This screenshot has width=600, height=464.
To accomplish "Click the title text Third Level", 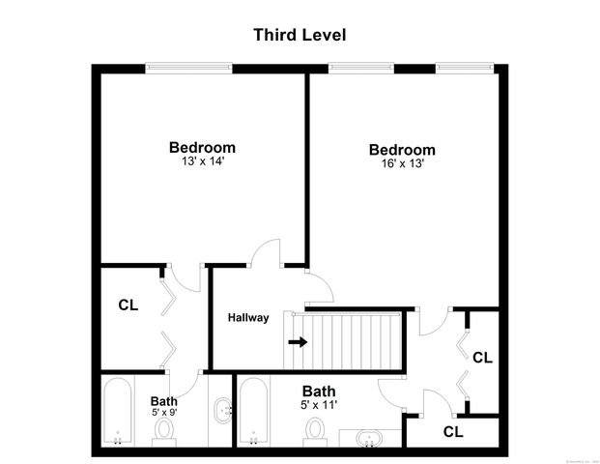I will click(300, 35).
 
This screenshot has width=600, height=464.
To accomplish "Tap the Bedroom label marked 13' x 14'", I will click(202, 147).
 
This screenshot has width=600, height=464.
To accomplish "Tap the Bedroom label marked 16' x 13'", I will click(402, 150).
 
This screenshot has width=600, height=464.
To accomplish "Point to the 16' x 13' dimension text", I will click(402, 163).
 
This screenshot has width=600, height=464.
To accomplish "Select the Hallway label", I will click(248, 318).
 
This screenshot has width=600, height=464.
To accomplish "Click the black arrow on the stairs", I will click(298, 341).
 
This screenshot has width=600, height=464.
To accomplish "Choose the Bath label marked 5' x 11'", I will click(319, 392).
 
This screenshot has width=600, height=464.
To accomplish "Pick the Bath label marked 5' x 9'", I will click(163, 401).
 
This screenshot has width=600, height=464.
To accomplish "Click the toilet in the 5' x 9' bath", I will click(164, 428).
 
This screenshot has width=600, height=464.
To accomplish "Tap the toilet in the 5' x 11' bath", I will click(316, 429).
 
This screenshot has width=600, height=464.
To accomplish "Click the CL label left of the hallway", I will click(129, 304).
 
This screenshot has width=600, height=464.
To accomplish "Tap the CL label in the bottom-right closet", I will click(453, 430).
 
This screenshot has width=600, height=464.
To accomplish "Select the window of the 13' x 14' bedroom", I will click(189, 69).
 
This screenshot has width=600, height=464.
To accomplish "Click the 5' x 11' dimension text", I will click(319, 406).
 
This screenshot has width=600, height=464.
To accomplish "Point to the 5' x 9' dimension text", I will click(163, 413).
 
